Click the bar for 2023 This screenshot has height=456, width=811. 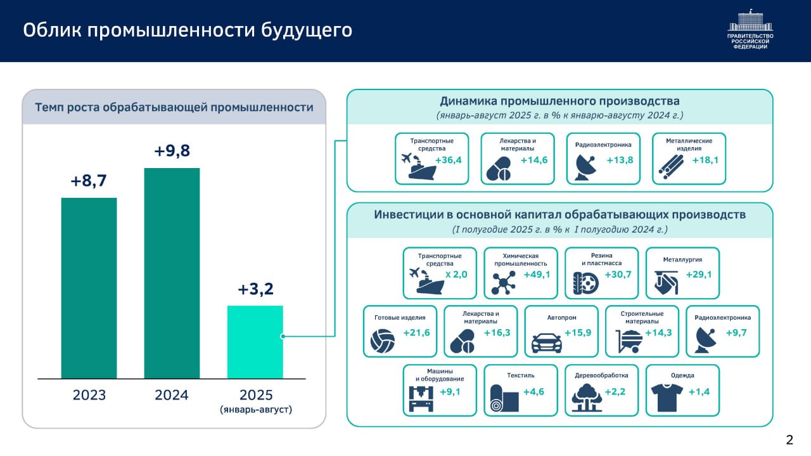(89, 288)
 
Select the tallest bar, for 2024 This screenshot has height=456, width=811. (172, 273)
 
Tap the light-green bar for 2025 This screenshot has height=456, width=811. (255, 342)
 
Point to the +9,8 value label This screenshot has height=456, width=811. (172, 152)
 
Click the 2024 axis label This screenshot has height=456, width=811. (172, 395)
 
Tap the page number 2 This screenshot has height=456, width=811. (789, 440)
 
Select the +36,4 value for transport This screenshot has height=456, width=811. (449, 160)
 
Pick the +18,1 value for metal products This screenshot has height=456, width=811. (705, 160)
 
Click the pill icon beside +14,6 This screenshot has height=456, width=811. (497, 170)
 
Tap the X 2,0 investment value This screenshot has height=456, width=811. (456, 275)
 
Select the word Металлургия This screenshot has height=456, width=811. (682, 259)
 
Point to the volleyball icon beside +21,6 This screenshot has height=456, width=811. (383, 342)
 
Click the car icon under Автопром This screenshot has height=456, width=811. (546, 342)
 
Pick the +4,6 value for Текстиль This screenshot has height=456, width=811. (533, 392)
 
